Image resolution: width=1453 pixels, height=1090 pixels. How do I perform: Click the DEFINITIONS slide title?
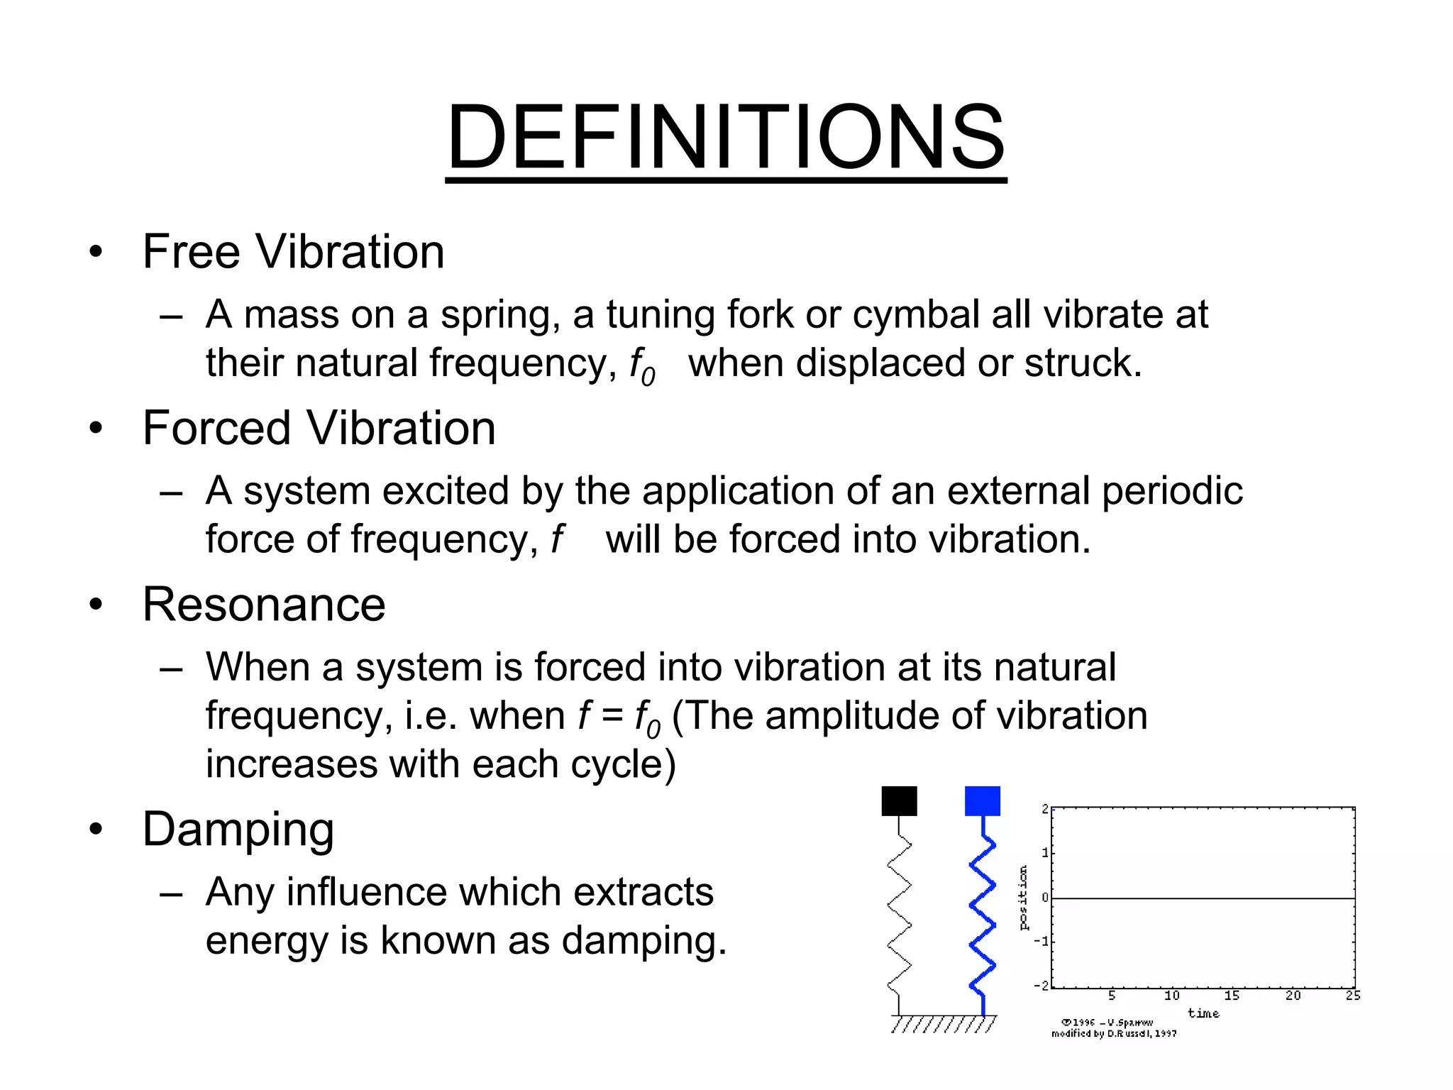(726, 137)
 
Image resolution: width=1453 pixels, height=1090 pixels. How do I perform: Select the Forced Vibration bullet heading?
(319, 428)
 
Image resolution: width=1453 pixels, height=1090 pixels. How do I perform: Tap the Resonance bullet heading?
(264, 605)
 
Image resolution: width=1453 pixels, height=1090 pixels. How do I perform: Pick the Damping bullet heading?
(238, 829)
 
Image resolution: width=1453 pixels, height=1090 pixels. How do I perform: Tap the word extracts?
(643, 892)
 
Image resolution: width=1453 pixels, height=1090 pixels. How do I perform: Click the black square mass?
(899, 801)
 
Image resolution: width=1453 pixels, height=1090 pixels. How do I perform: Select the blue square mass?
(983, 801)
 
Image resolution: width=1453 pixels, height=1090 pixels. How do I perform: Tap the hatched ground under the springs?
(944, 1024)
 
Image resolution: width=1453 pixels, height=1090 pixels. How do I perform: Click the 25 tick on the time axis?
(1353, 996)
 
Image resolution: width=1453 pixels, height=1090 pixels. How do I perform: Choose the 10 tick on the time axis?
(1171, 996)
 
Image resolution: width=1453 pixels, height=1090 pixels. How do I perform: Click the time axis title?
(1203, 1013)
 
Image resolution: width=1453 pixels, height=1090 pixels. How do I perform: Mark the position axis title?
(1023, 898)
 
